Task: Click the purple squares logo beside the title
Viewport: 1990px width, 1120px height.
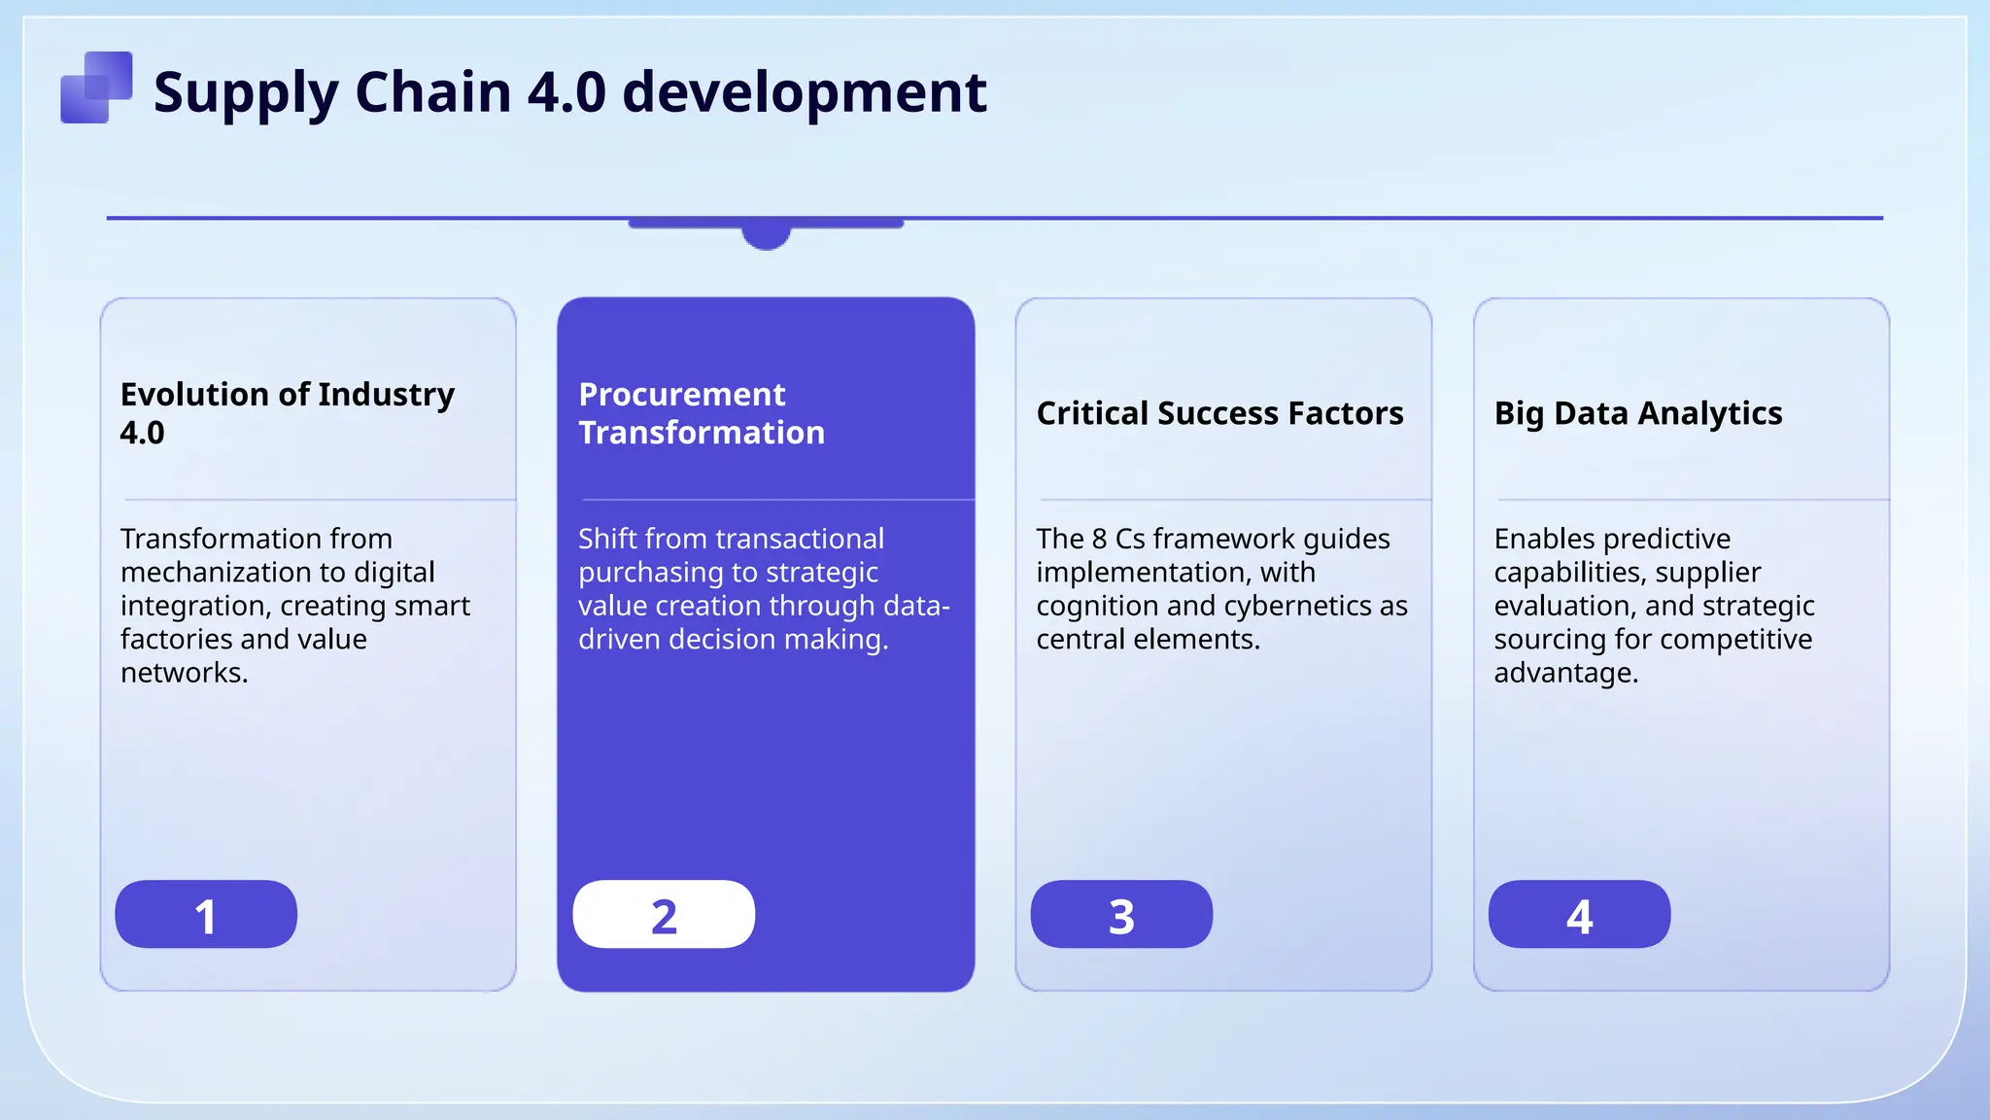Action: pos(96,87)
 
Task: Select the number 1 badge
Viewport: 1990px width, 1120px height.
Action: pos(206,915)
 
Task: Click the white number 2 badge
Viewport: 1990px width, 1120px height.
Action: pos(664,915)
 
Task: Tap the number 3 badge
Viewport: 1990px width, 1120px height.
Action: pos(1121,915)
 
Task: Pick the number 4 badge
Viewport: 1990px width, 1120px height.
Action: pos(1579,915)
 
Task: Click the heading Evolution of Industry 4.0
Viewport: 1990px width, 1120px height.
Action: pos(287,412)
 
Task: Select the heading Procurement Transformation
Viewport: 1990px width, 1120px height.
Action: pos(701,412)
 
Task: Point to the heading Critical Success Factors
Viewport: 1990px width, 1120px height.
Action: pos(1219,413)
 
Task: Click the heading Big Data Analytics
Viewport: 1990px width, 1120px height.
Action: pos(1638,413)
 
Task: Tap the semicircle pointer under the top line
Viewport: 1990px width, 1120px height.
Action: pos(766,236)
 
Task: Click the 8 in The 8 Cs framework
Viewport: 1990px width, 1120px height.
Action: pos(1099,539)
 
